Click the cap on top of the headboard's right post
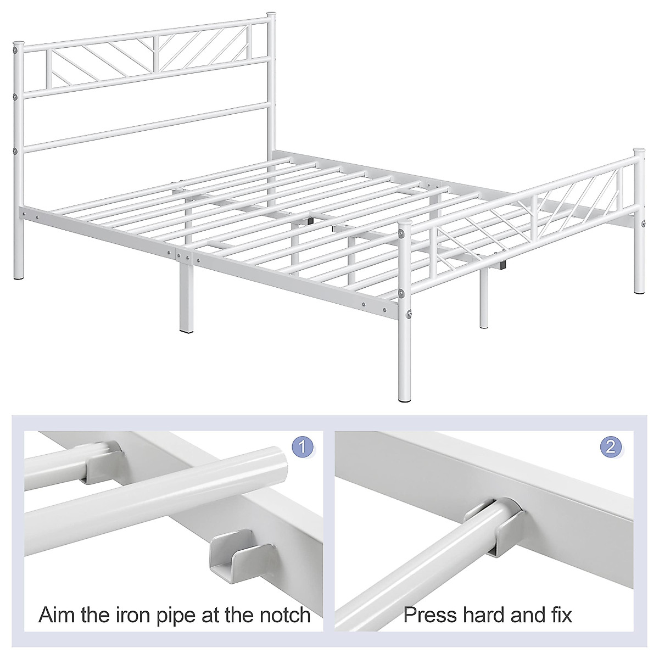[270, 13]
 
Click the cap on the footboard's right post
[639, 150]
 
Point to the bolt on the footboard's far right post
[643, 222]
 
